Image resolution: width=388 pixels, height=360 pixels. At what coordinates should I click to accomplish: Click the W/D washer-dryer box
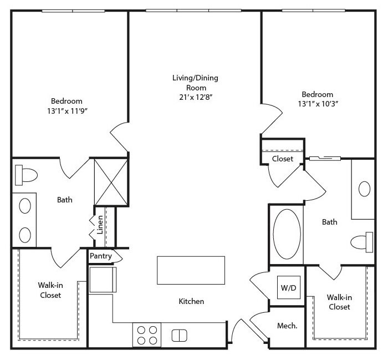pyautogui.click(x=289, y=287)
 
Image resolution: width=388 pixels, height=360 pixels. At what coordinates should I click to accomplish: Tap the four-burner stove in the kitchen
pyautogui.click(x=147, y=335)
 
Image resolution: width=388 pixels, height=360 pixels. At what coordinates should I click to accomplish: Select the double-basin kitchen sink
pyautogui.click(x=180, y=336)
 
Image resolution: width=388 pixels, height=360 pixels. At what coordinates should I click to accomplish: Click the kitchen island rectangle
pyautogui.click(x=191, y=270)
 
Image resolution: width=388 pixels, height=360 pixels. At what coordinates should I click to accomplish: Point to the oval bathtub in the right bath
pyautogui.click(x=287, y=234)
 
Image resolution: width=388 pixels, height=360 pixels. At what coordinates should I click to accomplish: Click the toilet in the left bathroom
pyautogui.click(x=26, y=175)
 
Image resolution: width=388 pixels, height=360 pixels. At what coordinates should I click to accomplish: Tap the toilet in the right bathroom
pyautogui.click(x=362, y=242)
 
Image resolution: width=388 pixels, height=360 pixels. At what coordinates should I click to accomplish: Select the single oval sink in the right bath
pyautogui.click(x=364, y=189)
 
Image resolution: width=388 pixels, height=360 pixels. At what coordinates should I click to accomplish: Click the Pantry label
pyautogui.click(x=101, y=256)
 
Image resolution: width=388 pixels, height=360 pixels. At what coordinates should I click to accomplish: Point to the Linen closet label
pyautogui.click(x=100, y=225)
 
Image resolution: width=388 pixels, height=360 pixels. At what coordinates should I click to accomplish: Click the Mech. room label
pyautogui.click(x=287, y=326)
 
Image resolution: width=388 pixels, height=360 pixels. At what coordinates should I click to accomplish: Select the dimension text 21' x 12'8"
pyautogui.click(x=196, y=97)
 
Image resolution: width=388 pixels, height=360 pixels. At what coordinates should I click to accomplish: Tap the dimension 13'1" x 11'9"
pyautogui.click(x=68, y=111)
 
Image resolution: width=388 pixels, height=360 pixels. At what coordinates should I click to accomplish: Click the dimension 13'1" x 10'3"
pyautogui.click(x=318, y=104)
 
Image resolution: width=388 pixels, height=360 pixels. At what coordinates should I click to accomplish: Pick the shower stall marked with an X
pyautogui.click(x=111, y=182)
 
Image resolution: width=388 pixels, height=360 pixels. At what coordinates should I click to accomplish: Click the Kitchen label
pyautogui.click(x=191, y=301)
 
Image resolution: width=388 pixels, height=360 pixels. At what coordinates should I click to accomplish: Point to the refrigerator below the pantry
pyautogui.click(x=103, y=280)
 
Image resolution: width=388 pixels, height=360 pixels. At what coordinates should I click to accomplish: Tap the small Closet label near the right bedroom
pyautogui.click(x=283, y=159)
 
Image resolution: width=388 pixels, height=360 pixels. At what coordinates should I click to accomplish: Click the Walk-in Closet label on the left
pyautogui.click(x=50, y=290)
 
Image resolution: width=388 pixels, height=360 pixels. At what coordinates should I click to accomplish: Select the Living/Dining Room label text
pyautogui.click(x=196, y=83)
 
